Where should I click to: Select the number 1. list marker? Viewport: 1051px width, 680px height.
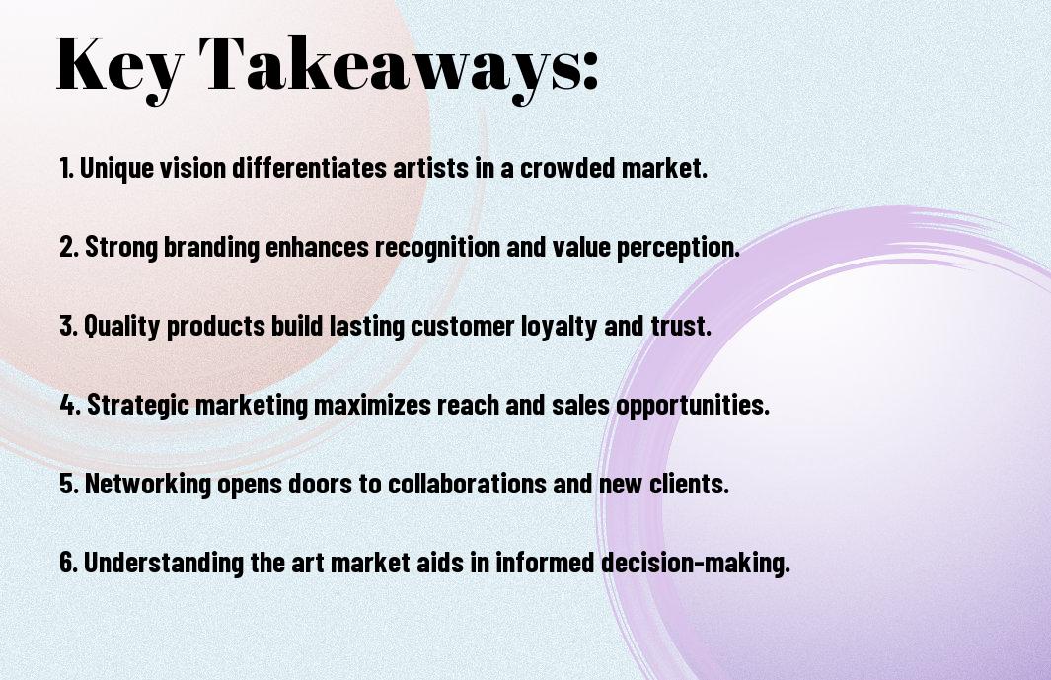click(66, 168)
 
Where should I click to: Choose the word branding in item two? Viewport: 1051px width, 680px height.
click(211, 247)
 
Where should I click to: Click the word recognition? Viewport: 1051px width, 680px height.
click(437, 247)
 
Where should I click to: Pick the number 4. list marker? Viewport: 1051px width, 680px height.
click(70, 405)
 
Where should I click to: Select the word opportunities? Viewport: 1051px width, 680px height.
click(693, 405)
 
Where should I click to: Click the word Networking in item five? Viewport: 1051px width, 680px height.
click(147, 484)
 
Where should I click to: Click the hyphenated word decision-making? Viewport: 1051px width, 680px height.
click(695, 563)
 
